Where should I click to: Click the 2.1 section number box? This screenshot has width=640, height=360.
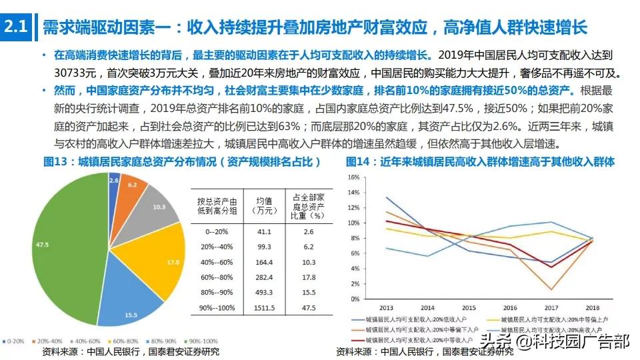(x=16, y=27)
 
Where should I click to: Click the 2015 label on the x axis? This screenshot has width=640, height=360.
(x=469, y=308)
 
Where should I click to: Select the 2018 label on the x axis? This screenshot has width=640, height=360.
(x=591, y=308)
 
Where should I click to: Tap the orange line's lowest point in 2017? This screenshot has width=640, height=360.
(x=551, y=289)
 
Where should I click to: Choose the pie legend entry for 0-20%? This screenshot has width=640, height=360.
(x=15, y=342)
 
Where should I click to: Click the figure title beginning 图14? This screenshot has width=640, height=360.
(x=480, y=162)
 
